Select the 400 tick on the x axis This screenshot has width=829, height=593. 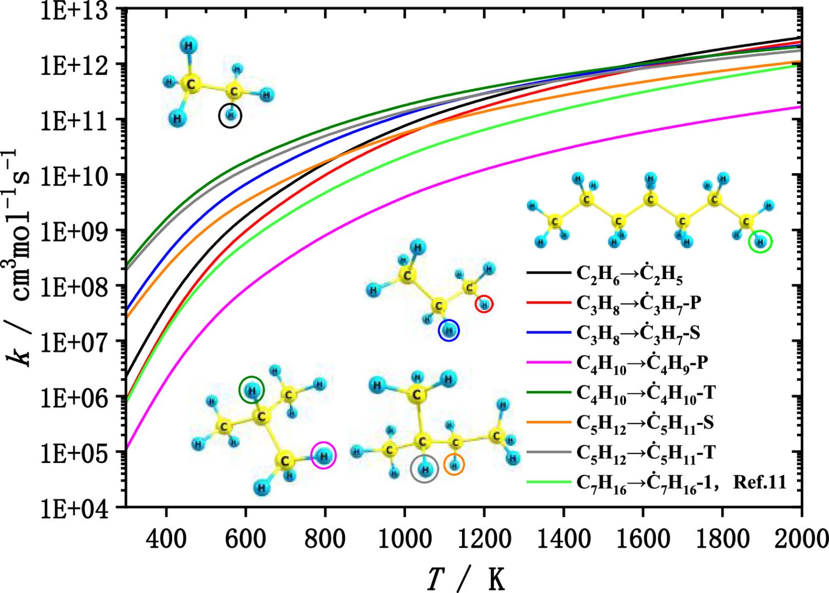[166, 537]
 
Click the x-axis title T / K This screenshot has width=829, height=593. [466, 579]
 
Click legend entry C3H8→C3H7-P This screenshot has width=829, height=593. [639, 304]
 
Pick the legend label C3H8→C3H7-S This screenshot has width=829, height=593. [638, 333]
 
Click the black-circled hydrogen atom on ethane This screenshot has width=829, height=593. [230, 115]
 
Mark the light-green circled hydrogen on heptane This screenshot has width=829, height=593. [760, 242]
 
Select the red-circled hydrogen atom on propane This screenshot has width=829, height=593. [484, 305]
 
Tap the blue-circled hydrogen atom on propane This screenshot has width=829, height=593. [449, 330]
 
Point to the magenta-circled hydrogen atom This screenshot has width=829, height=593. [323, 456]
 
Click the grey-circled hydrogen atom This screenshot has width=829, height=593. [425, 469]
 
